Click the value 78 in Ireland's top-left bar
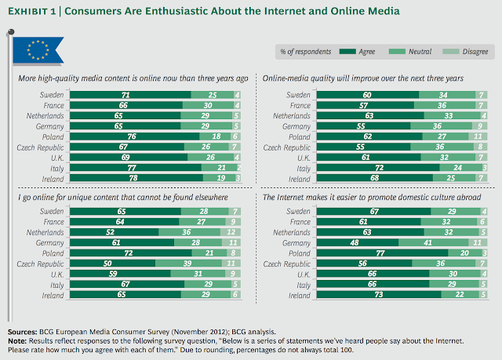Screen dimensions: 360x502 click(129, 179)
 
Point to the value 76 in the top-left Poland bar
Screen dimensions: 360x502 click(127, 135)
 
